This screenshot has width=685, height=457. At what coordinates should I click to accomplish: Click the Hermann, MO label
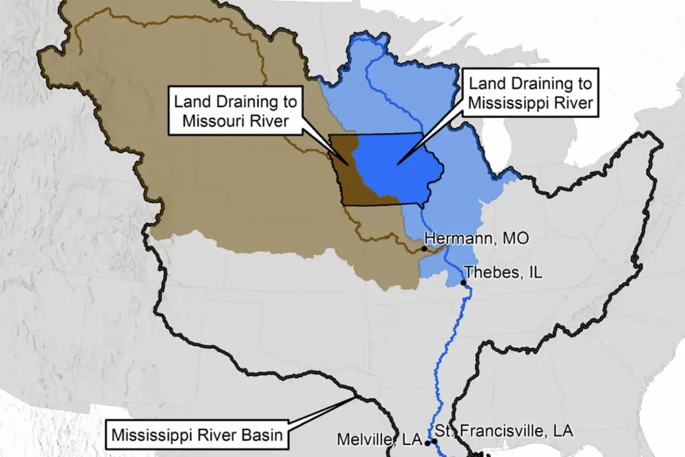pos(472,239)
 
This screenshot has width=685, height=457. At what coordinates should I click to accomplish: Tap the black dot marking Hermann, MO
pos(424,249)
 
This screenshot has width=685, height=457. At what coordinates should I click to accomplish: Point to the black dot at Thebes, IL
pos(464,282)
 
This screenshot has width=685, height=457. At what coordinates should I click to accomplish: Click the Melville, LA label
pos(379,440)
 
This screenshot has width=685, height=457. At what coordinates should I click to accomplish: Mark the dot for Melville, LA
pos(427,443)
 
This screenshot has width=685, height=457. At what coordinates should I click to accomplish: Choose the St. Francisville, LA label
pos(504,431)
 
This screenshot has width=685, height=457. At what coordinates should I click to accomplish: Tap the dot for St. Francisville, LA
pos(435,442)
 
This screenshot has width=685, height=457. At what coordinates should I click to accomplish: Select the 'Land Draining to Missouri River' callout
pos(235,110)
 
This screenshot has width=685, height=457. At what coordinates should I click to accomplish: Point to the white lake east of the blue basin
pos(495,144)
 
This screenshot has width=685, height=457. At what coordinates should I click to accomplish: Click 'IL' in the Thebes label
pos(533,273)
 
